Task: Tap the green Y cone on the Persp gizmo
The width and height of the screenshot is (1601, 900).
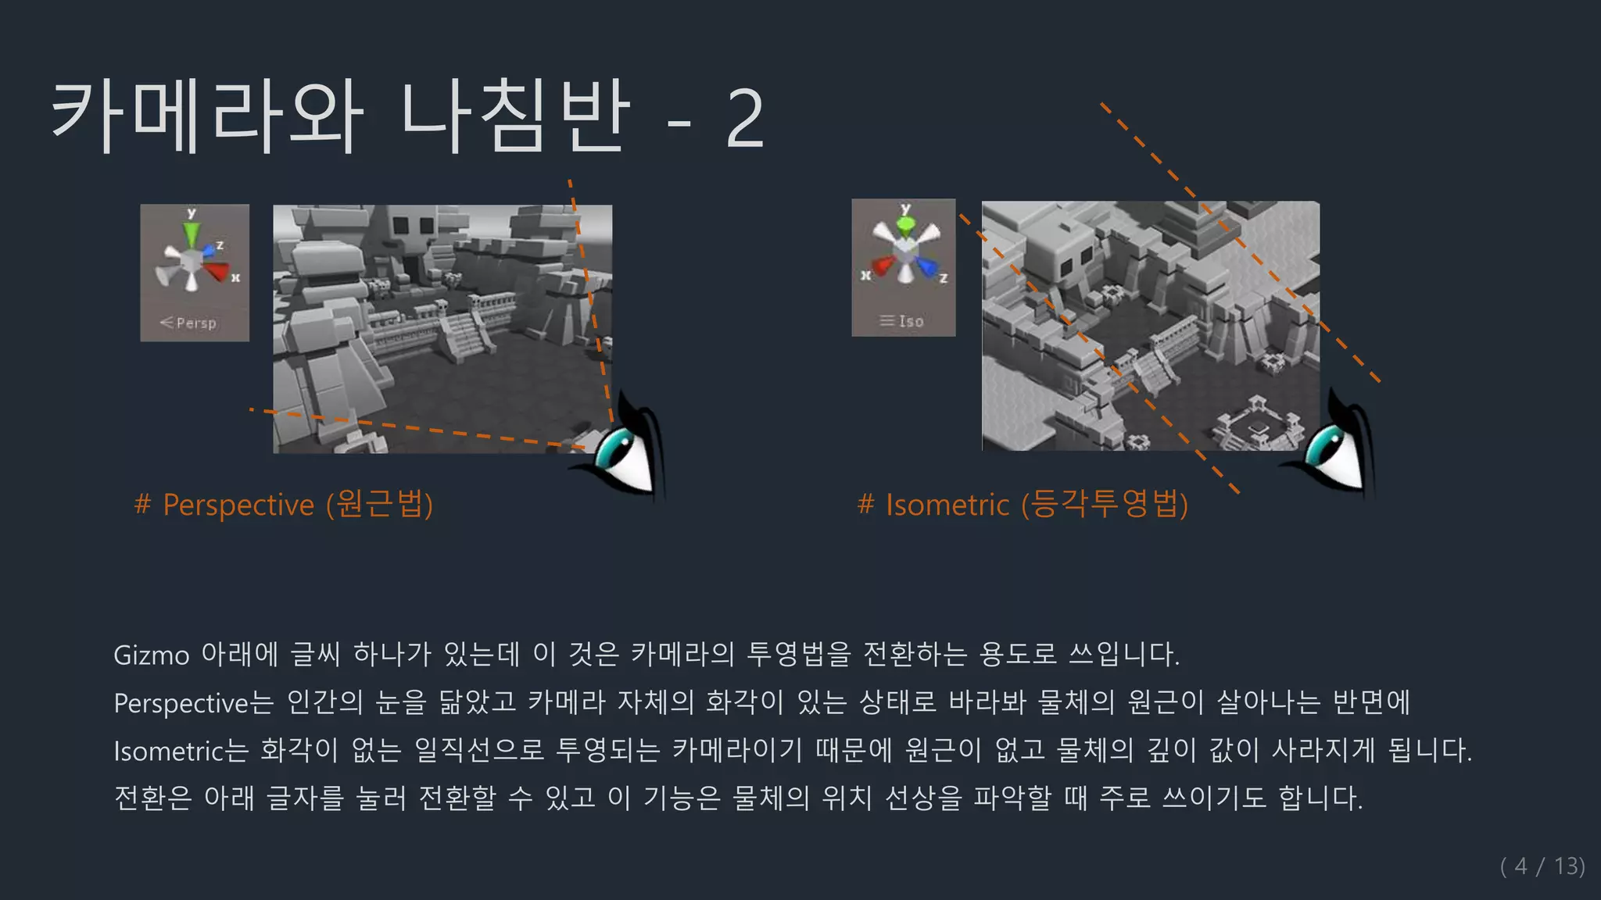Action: pyautogui.click(x=192, y=234)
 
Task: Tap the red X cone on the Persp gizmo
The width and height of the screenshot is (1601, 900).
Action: pyautogui.click(x=217, y=271)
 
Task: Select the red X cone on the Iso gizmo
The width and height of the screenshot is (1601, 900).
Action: pyautogui.click(x=883, y=266)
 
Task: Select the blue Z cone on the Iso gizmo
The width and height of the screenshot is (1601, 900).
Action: pyautogui.click(x=927, y=267)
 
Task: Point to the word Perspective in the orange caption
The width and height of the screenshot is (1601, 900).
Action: pyautogui.click(x=238, y=505)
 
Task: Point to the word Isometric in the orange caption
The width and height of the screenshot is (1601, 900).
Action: pyautogui.click(x=947, y=505)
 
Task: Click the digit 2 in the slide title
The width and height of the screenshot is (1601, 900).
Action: pyautogui.click(x=744, y=119)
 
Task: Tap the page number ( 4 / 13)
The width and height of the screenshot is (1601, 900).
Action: pyautogui.click(x=1542, y=866)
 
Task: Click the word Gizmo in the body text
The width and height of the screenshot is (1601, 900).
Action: pyautogui.click(x=152, y=655)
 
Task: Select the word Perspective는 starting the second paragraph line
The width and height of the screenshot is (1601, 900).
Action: pyautogui.click(x=194, y=703)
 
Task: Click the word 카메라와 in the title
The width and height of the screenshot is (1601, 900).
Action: pyautogui.click(x=207, y=117)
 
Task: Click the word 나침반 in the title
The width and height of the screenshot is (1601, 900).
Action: pyautogui.click(x=516, y=117)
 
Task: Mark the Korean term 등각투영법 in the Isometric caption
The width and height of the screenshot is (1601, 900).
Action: pyautogui.click(x=1105, y=504)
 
